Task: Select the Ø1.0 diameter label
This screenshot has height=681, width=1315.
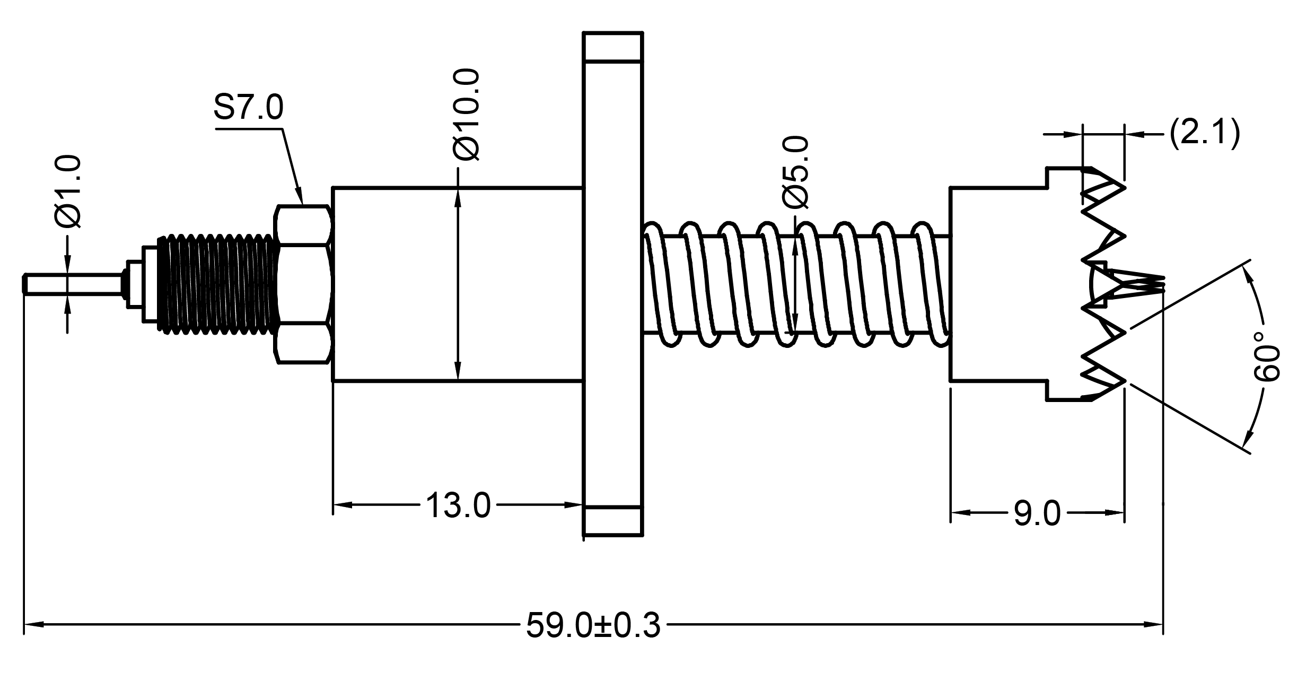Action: (x=68, y=191)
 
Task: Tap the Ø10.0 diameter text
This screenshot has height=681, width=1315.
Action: (x=467, y=114)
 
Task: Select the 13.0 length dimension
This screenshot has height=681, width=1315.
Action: (x=458, y=505)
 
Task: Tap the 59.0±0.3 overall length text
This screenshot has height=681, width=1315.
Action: (x=593, y=625)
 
